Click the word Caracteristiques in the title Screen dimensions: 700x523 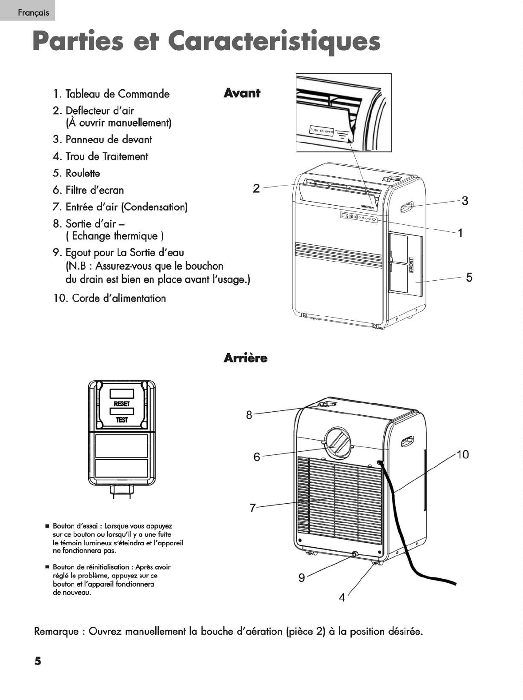(275, 42)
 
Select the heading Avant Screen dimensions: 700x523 (242, 93)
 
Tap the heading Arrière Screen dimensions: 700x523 (245, 358)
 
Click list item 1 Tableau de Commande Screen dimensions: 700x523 (111, 94)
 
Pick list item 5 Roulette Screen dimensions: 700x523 (76, 173)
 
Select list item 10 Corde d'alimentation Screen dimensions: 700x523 (110, 298)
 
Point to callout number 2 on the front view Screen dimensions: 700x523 (256, 188)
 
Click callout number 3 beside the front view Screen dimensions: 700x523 (465, 201)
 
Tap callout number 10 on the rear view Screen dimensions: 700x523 (462, 454)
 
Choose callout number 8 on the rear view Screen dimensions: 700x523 (249, 415)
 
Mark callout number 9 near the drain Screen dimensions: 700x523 (302, 577)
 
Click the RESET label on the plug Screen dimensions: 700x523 (122, 404)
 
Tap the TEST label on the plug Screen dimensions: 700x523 (122, 420)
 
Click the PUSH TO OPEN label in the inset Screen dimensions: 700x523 (322, 131)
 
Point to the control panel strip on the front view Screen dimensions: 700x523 (358, 217)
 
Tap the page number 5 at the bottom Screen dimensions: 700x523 (38, 660)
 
